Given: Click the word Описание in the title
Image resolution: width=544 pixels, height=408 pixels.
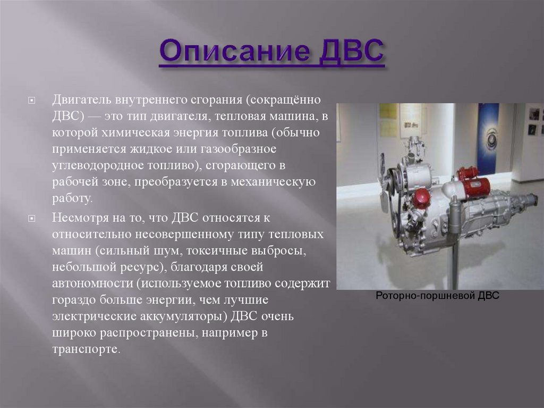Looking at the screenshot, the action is point(234,52).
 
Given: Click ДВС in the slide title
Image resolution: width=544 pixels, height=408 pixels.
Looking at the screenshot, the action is point(351,51).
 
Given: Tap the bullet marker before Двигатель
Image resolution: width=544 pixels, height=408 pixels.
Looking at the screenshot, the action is point(31,101).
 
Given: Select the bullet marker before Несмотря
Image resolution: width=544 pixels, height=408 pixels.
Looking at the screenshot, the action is point(31,219).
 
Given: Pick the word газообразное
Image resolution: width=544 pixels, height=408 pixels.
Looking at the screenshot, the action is point(239,149).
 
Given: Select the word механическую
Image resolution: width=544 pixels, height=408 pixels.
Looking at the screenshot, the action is point(273,182).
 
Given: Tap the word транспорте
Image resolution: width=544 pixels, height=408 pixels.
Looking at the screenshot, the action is point(86,349).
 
